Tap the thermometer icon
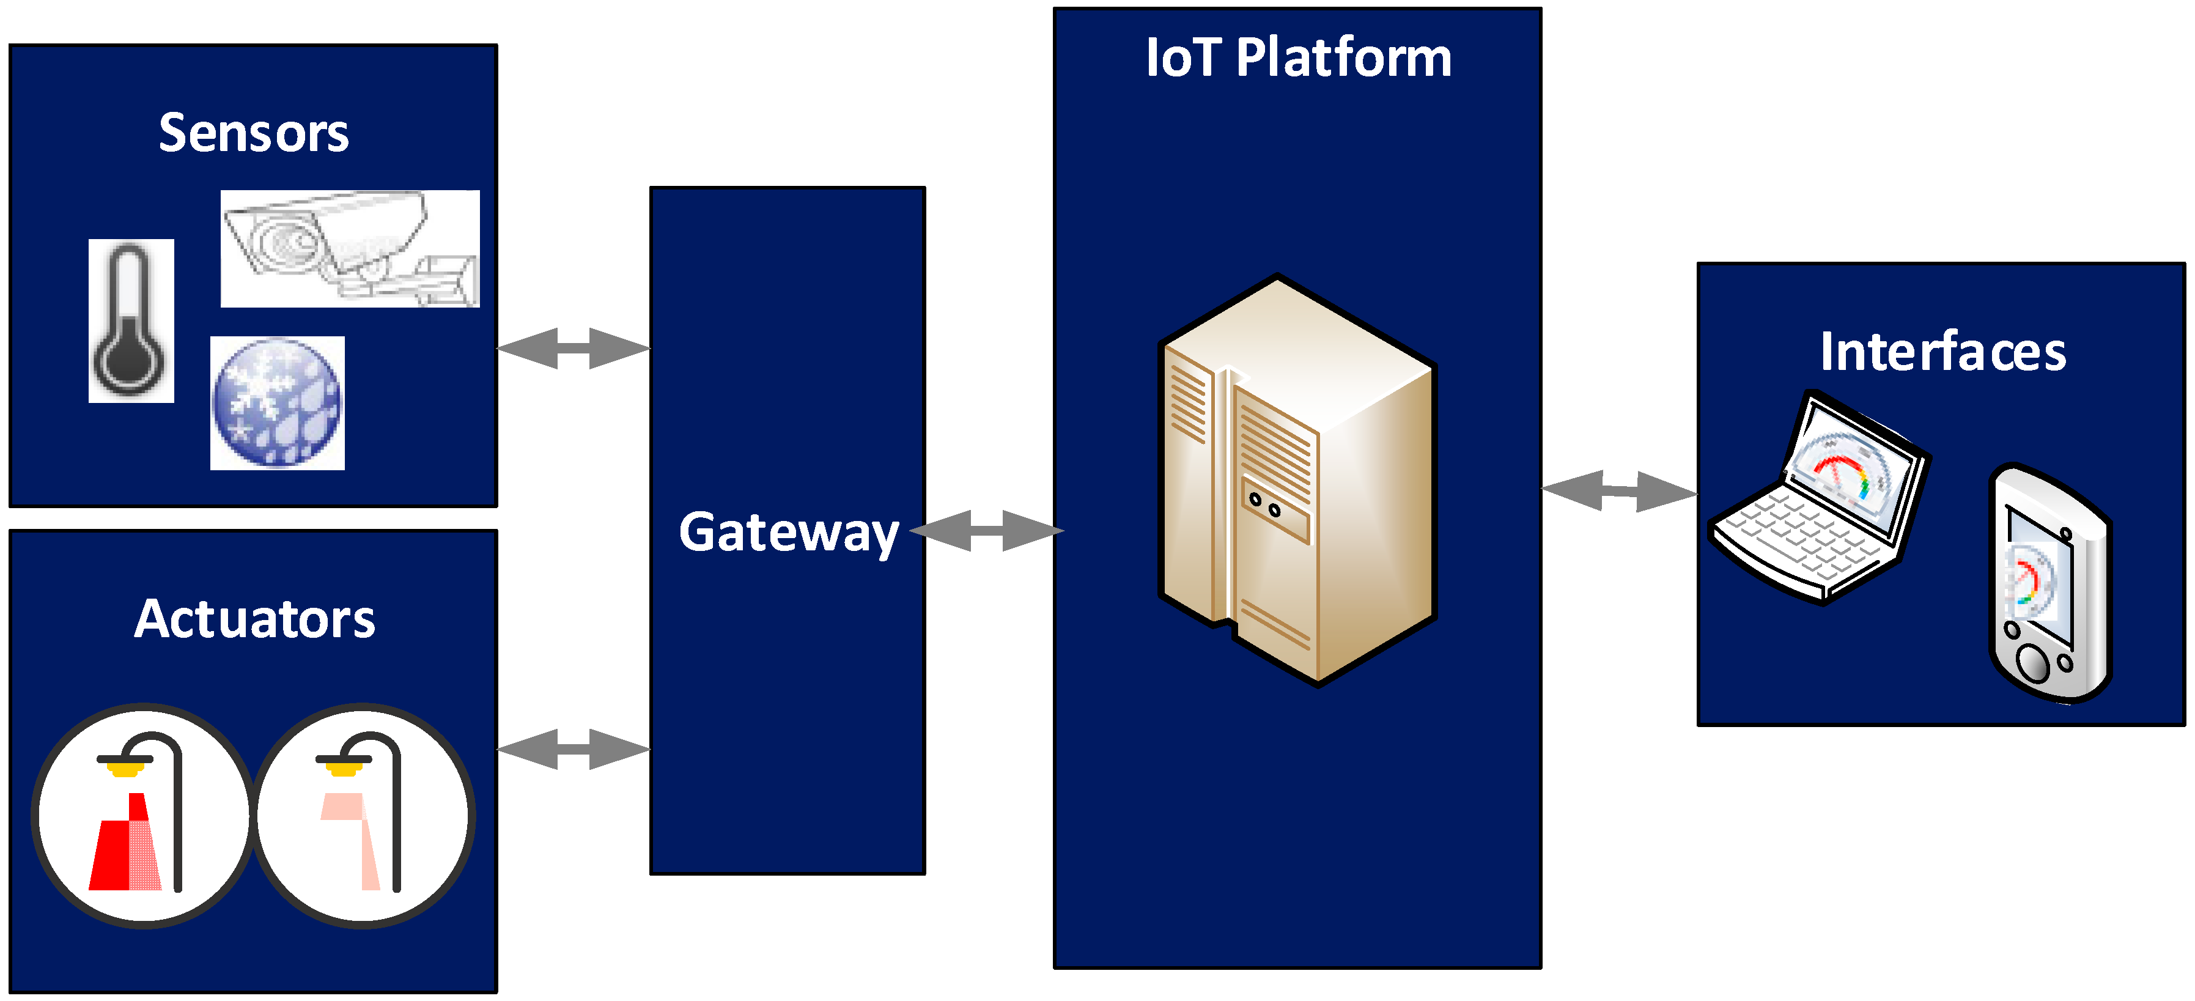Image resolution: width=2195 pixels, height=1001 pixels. coord(131,320)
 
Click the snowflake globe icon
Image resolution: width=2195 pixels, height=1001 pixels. coord(277,403)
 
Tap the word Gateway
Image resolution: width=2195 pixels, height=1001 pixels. coord(788,533)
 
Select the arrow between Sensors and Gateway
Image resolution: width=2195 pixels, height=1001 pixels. coord(573,349)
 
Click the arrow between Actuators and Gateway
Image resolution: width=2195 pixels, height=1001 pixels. coord(573,749)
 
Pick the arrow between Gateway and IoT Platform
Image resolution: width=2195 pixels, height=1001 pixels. coord(987,531)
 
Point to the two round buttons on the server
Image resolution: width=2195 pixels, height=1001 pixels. coord(1264,505)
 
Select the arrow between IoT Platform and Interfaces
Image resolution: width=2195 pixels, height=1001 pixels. coord(1619,492)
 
